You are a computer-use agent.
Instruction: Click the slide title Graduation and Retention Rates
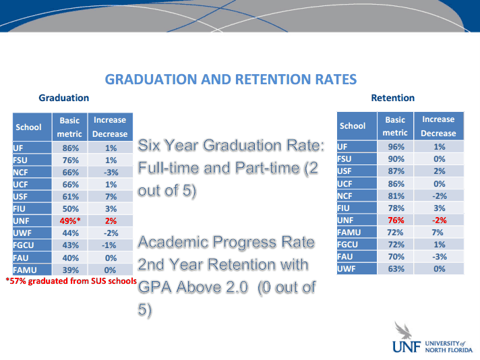(231, 80)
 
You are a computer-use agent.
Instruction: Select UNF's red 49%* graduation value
(70, 220)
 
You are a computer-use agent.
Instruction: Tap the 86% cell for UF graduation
(71, 148)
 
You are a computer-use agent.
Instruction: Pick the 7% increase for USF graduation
(111, 197)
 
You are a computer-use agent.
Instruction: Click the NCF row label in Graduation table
(20, 173)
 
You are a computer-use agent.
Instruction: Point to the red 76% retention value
(396, 220)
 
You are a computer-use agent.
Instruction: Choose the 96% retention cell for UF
(396, 147)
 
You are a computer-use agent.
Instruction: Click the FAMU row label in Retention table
(349, 233)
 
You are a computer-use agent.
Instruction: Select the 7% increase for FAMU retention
(438, 233)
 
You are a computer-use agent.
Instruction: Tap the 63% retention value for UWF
(396, 269)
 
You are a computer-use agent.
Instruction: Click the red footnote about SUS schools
(71, 280)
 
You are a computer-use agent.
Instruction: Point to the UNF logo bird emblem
(403, 330)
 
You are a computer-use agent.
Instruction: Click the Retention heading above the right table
(393, 98)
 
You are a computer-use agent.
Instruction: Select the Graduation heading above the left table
(63, 98)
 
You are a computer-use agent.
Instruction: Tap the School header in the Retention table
(353, 126)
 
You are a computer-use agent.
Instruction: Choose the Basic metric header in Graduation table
(69, 127)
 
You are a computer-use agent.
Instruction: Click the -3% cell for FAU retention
(440, 257)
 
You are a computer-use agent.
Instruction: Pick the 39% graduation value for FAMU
(71, 270)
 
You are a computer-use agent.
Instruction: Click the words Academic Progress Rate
(227, 242)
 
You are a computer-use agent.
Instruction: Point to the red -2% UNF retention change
(440, 220)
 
